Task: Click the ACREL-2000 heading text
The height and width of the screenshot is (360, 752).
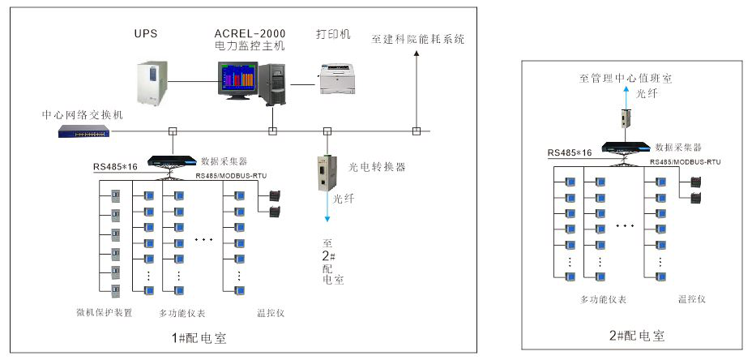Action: (x=245, y=34)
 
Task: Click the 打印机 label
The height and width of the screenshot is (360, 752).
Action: (x=332, y=34)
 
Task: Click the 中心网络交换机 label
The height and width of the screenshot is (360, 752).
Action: (x=83, y=115)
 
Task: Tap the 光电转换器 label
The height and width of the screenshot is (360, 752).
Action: (x=377, y=167)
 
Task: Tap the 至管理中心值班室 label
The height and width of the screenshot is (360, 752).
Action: (x=626, y=79)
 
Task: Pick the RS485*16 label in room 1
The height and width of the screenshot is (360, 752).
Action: (x=114, y=167)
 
